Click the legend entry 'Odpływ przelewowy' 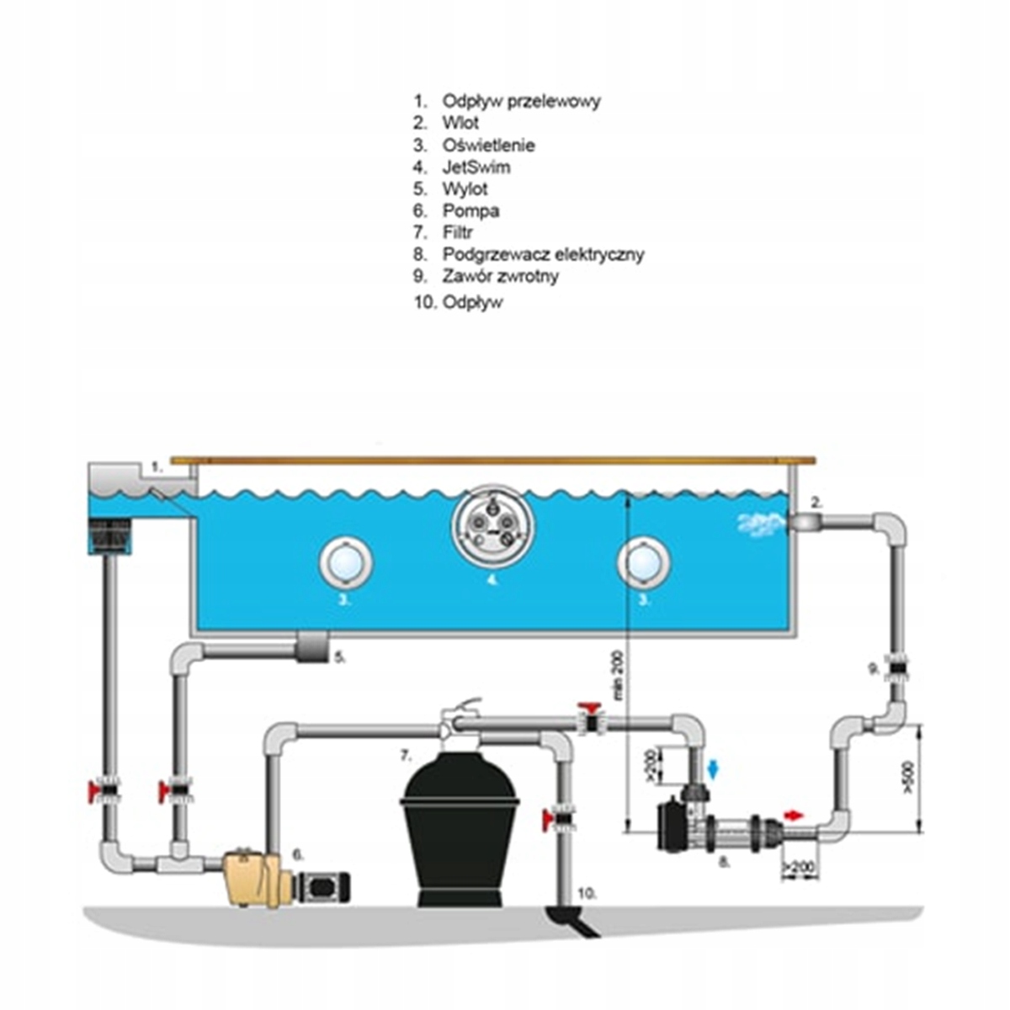pos(521,101)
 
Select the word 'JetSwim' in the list pos(476,167)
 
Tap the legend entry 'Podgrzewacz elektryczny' pos(543,254)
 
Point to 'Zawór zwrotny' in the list pos(500,276)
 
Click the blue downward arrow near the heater pos(715,768)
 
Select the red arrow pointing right pos(794,815)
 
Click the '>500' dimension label pos(907,778)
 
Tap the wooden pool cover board pos(492,460)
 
